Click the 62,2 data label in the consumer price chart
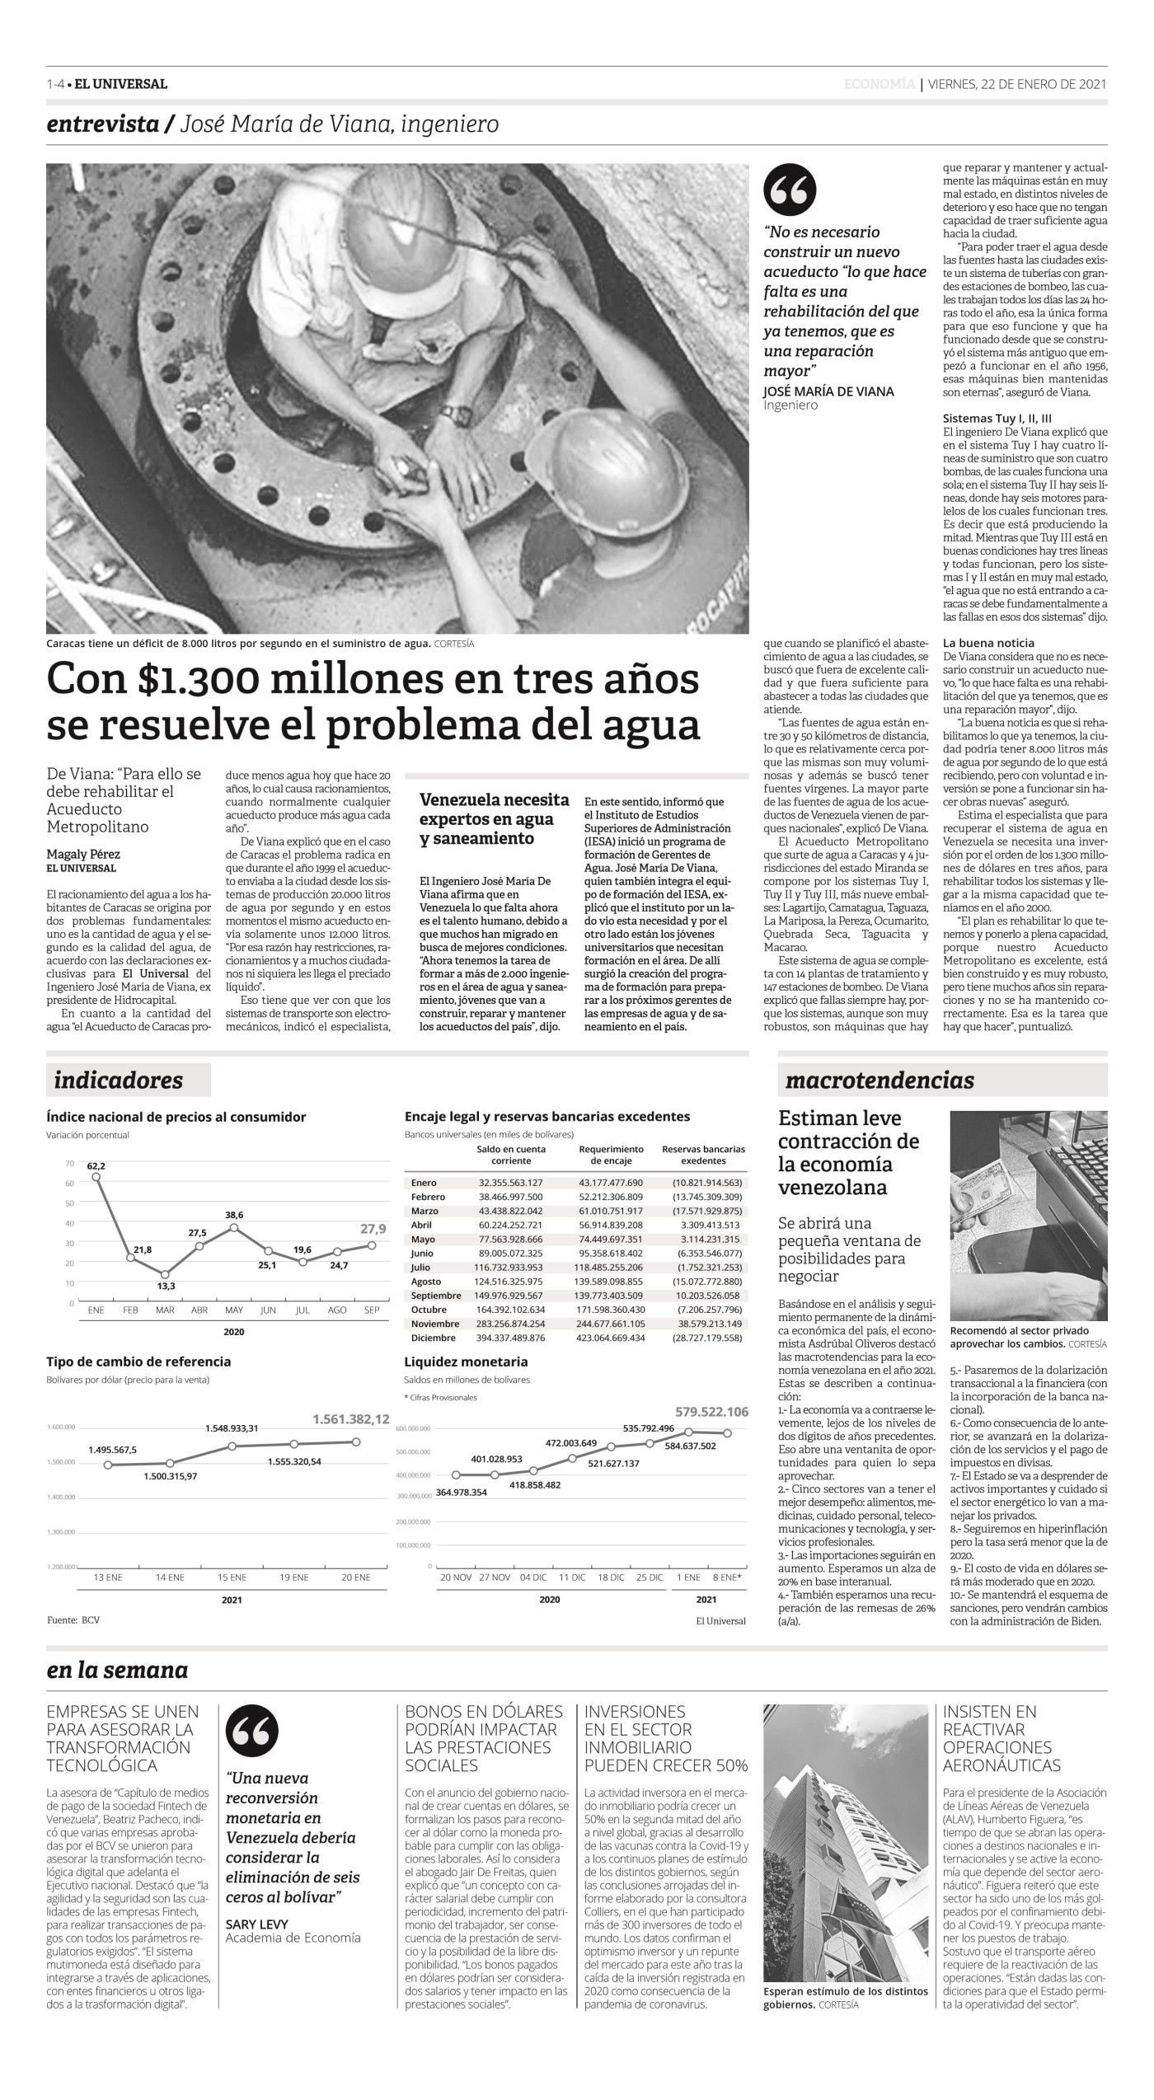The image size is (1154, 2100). coord(96,1165)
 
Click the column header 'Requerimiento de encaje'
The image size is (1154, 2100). coord(611,1154)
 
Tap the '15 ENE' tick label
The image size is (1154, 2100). coord(232,1577)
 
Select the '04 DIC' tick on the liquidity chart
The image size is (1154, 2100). coord(532,1577)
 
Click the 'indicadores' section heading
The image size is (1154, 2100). coord(119,1080)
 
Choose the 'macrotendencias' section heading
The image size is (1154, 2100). coord(880,1080)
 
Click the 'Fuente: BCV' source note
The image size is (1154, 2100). coord(73,1620)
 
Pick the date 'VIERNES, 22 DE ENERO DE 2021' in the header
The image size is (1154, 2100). coord(1016,84)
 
